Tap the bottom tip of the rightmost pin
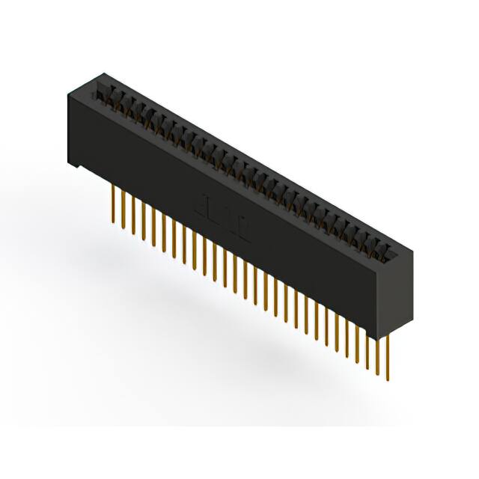pyautogui.click(x=388, y=379)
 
